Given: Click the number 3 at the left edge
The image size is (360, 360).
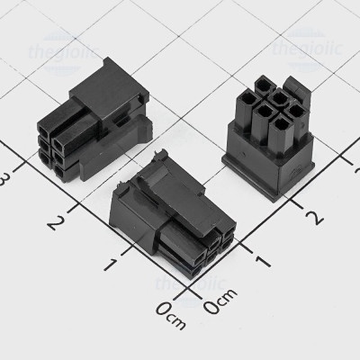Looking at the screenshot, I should click(x=6, y=178).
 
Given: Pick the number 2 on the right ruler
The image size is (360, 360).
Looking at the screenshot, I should click(x=314, y=216).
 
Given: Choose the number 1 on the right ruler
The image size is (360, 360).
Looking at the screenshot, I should click(x=265, y=261).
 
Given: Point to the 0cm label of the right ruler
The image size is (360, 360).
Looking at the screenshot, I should click(x=219, y=308).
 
